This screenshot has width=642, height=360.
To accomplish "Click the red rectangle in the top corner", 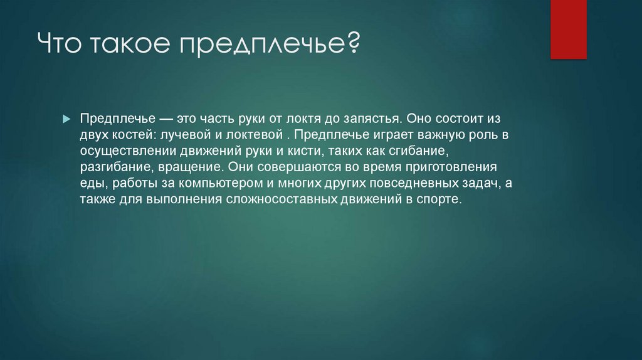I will pos(568,29).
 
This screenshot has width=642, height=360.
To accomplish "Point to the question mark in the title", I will pos(352,46).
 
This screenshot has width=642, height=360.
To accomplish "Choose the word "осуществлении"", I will pos(120,151).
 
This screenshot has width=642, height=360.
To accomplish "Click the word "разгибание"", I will pos(113,167).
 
